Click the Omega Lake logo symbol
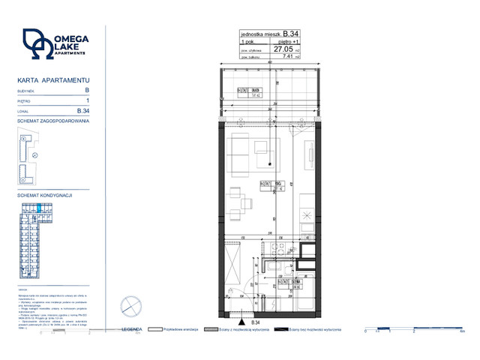pyautogui.click(x=37, y=44)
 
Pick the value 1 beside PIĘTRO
pyautogui.click(x=88, y=100)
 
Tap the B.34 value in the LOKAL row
pyautogui.click(x=83, y=110)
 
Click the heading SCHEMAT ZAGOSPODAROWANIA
pyautogui.click(x=53, y=121)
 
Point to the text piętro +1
pyautogui.click(x=289, y=41)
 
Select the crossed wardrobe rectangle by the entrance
pyautogui.click(x=232, y=259)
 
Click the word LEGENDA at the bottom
pyautogui.click(x=132, y=328)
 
